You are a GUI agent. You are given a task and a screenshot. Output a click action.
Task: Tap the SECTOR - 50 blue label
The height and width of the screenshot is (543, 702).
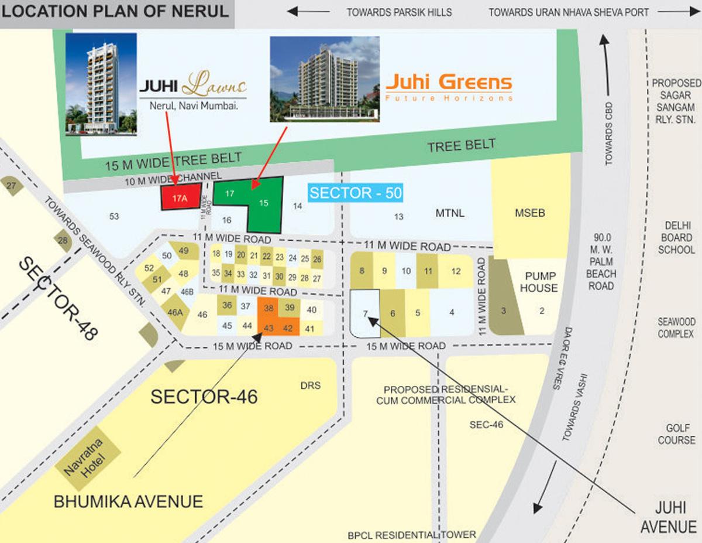coord(356,193)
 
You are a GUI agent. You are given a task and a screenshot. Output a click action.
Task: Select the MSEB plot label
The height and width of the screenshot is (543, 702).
coord(529,213)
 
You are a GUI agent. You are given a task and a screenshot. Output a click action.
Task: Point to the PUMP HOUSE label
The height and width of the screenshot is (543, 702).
coord(541,282)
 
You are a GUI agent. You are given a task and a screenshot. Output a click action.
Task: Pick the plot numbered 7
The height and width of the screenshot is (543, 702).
coord(364,313)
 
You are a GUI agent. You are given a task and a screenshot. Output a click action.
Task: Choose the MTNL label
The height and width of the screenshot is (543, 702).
coord(450,213)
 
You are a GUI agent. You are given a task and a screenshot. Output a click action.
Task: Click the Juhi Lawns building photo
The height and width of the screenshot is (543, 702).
coord(101,84)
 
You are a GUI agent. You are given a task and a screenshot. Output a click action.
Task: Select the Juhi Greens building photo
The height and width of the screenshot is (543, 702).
coord(324,79)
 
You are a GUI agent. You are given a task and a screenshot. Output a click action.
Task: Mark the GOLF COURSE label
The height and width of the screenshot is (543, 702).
coord(676,434)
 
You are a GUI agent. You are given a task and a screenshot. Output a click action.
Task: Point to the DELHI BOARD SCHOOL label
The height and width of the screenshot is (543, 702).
coord(676,237)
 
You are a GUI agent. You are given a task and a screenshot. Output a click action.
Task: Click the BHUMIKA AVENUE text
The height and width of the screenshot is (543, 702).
coord(128,502)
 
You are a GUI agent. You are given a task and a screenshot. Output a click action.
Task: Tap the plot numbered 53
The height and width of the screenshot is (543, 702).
coord(114,217)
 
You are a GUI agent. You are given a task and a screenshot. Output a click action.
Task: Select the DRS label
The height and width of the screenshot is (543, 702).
coord(310,385)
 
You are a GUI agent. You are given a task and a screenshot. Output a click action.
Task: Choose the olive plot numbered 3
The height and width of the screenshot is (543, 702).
coord(504,311)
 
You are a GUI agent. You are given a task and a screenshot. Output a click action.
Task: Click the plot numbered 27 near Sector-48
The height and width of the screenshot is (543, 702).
coord(12,185)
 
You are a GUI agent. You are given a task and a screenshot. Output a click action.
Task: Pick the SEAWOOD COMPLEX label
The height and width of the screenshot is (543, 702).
coord(676,328)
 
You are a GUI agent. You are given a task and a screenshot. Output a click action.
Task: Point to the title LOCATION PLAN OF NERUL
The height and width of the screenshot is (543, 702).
coord(116,12)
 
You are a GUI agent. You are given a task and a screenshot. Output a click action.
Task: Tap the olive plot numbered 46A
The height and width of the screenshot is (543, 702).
coord(175,312)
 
